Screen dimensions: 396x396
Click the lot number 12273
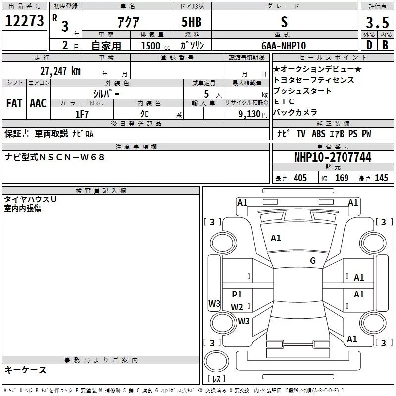(24, 21)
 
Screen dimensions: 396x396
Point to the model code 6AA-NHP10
(284, 45)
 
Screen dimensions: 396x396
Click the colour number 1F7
(82, 114)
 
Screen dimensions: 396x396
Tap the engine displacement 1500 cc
(151, 46)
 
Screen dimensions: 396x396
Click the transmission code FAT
(14, 103)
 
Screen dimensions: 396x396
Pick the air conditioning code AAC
(38, 103)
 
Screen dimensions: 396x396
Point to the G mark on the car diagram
(313, 261)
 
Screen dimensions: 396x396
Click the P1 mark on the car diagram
(237, 295)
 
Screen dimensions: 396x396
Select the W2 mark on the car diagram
(237, 307)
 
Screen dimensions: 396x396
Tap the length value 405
(300, 178)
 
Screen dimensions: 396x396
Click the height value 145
(381, 178)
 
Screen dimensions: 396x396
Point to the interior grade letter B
(385, 45)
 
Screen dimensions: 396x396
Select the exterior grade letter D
(369, 45)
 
